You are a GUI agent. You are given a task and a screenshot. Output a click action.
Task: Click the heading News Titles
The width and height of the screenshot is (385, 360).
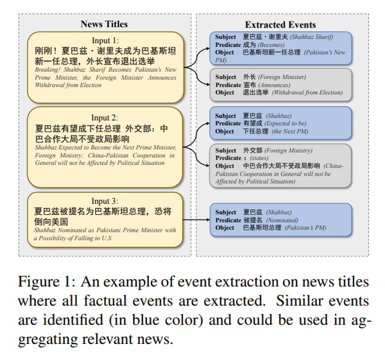(104, 24)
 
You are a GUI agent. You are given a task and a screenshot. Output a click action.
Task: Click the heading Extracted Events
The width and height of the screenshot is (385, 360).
(280, 25)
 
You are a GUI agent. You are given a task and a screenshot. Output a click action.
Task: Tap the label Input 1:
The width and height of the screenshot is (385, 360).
(105, 40)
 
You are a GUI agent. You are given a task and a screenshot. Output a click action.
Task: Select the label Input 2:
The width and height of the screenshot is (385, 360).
(105, 117)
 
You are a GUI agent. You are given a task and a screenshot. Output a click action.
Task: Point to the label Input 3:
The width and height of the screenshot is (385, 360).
(105, 201)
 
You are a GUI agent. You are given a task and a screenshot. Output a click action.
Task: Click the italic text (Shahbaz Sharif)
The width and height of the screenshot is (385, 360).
(311, 37)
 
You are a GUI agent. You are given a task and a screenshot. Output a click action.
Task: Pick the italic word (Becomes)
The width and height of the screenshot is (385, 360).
(271, 45)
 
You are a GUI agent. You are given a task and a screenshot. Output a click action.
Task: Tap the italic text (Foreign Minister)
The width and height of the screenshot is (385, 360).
(282, 77)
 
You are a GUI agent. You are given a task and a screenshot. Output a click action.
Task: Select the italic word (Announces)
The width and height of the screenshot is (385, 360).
(274, 85)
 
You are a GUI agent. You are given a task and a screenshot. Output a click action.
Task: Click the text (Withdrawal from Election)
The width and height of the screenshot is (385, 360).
(307, 92)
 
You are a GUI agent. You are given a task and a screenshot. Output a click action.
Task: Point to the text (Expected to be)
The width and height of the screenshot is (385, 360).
(286, 123)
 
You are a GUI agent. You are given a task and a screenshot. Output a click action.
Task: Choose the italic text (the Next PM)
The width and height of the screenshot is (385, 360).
(290, 132)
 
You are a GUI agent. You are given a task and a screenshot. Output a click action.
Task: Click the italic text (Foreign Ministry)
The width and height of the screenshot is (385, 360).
(288, 151)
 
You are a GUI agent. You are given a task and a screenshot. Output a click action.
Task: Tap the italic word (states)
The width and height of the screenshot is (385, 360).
(259, 158)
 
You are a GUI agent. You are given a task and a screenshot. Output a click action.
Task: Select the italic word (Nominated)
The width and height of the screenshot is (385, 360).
(282, 220)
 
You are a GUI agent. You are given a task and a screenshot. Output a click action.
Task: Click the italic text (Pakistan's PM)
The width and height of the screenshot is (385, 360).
(305, 228)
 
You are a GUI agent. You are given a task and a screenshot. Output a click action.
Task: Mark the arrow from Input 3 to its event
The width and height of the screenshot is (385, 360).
(196, 219)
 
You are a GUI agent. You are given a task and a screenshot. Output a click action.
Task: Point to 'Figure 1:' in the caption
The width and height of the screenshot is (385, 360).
(46, 282)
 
